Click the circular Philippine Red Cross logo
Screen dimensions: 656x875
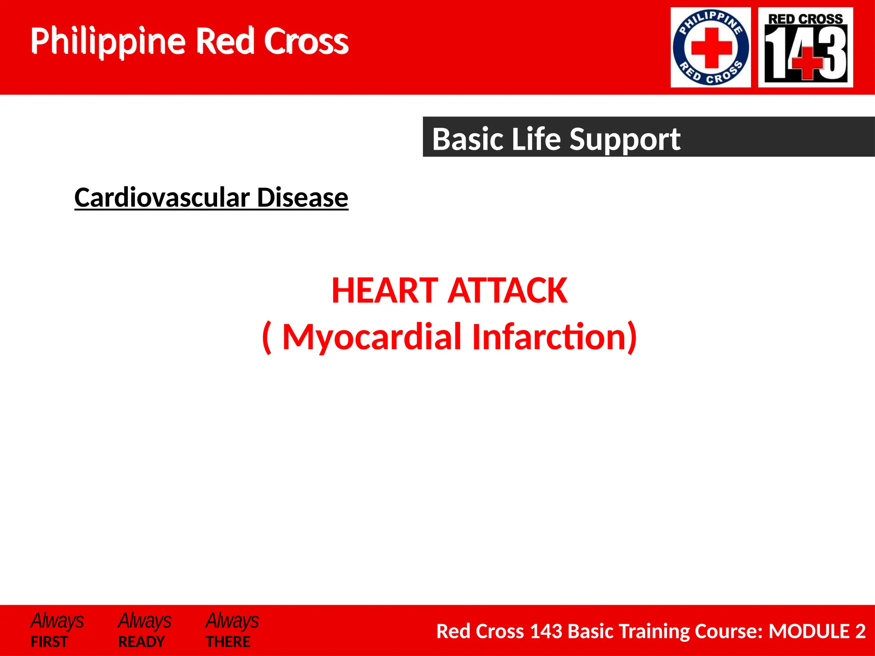[711, 47]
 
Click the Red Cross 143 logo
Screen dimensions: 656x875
[805, 47]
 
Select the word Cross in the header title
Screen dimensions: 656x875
[306, 41]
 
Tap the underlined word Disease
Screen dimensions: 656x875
[302, 198]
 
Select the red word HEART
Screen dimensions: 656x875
[385, 291]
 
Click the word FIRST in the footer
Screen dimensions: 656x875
[49, 641]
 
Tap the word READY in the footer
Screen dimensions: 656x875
[141, 641]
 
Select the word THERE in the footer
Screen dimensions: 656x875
[228, 641]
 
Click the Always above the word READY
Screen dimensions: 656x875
[144, 621]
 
